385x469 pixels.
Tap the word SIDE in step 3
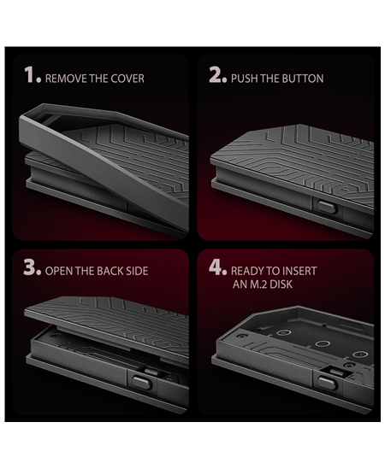point(137,271)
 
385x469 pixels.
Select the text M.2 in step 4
point(258,284)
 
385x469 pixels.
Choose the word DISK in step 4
point(281,284)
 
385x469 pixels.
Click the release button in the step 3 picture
point(141,383)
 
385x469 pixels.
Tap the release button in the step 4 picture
point(327,383)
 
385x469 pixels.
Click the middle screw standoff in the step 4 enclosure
point(323,343)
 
